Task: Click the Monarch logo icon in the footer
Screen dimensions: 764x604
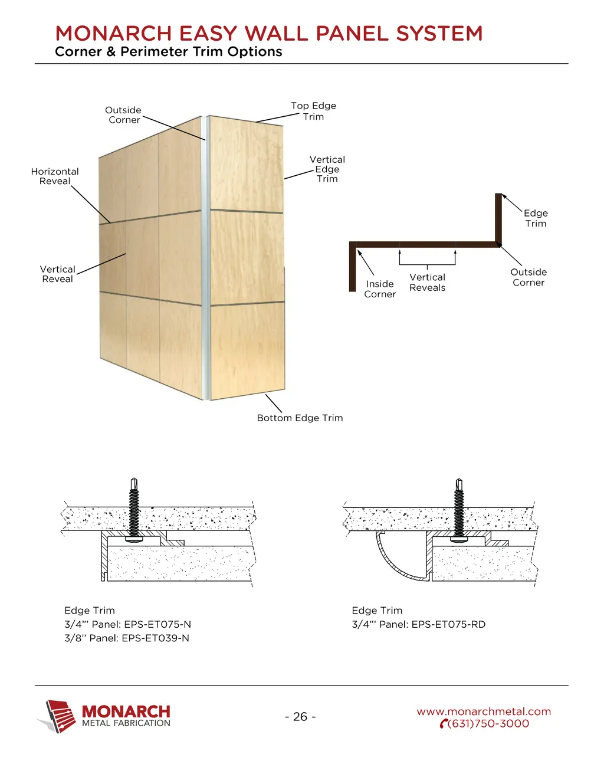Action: [x=58, y=716]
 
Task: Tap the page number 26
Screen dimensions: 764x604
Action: [x=300, y=717]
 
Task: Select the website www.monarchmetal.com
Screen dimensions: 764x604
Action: [x=484, y=711]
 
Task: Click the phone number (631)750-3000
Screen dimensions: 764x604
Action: [x=488, y=724]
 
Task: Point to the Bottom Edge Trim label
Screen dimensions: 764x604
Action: [x=300, y=418]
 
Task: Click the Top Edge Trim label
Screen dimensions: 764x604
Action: [x=313, y=111]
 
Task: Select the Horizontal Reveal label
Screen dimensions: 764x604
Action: [x=55, y=176]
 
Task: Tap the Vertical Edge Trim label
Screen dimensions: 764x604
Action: [x=327, y=169]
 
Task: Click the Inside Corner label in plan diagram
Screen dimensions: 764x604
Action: [x=380, y=289]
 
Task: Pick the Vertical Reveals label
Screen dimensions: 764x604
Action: [x=427, y=283]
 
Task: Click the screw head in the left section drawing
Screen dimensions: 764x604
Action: [x=134, y=539]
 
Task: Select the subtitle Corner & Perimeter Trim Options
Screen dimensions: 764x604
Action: [x=169, y=52]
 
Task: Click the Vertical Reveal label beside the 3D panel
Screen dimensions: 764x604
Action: [x=57, y=274]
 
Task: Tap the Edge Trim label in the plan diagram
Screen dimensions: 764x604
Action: [x=536, y=218]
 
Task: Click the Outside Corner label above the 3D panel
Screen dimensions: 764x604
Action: [x=123, y=115]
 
